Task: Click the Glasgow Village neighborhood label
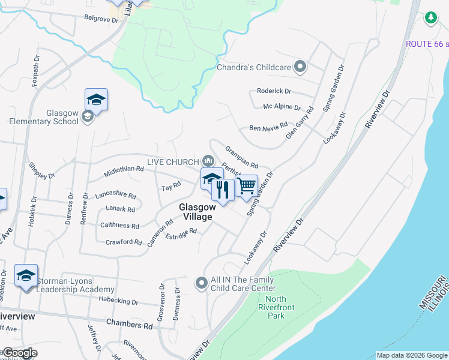tap(196, 212)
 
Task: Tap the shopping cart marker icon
tap(246, 187)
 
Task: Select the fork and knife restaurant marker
tap(223, 190)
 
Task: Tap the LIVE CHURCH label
tap(173, 162)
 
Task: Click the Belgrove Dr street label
tap(101, 19)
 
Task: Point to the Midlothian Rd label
tap(124, 170)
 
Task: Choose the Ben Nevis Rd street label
tap(265, 128)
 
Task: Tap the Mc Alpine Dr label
tap(282, 107)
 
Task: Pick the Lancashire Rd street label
tap(115, 196)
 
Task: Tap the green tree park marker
tap(430, 19)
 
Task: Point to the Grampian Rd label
tap(241, 157)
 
